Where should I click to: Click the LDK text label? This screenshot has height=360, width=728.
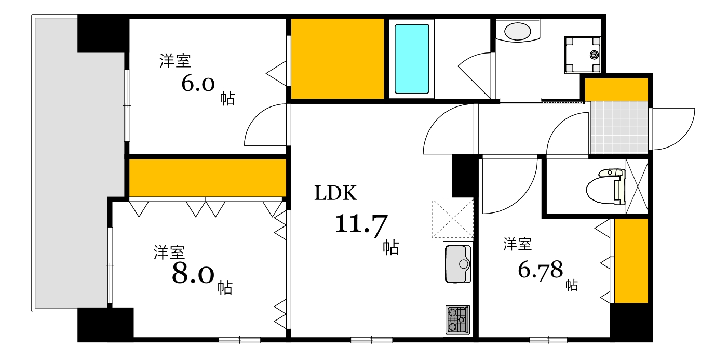(336, 193)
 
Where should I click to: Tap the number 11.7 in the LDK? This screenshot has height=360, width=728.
(361, 224)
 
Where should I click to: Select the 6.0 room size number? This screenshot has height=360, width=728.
(198, 83)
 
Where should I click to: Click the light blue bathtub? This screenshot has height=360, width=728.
(412, 58)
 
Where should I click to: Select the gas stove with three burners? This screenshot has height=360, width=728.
(457, 319)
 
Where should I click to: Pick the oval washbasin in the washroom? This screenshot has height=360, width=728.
(518, 32)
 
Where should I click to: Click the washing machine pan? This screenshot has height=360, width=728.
(582, 54)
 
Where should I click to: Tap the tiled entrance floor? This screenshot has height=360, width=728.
(619, 127)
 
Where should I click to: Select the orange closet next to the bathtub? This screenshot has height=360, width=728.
(337, 58)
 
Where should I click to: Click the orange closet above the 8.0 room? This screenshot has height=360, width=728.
(207, 178)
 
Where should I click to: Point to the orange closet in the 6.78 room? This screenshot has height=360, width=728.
(631, 260)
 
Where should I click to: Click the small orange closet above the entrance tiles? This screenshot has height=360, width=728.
(616, 89)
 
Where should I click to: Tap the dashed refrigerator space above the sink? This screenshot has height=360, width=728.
(452, 218)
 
